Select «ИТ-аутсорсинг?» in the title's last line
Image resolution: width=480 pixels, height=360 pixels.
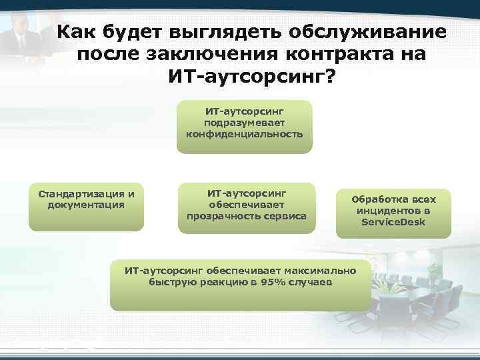coord(253,77)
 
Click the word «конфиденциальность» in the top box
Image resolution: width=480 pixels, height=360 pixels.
coord(244,133)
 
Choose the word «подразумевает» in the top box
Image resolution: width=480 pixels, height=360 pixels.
coord(244,123)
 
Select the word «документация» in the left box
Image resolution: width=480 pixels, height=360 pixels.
coord(86,205)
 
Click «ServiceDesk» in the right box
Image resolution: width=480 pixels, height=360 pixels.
coord(393,221)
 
